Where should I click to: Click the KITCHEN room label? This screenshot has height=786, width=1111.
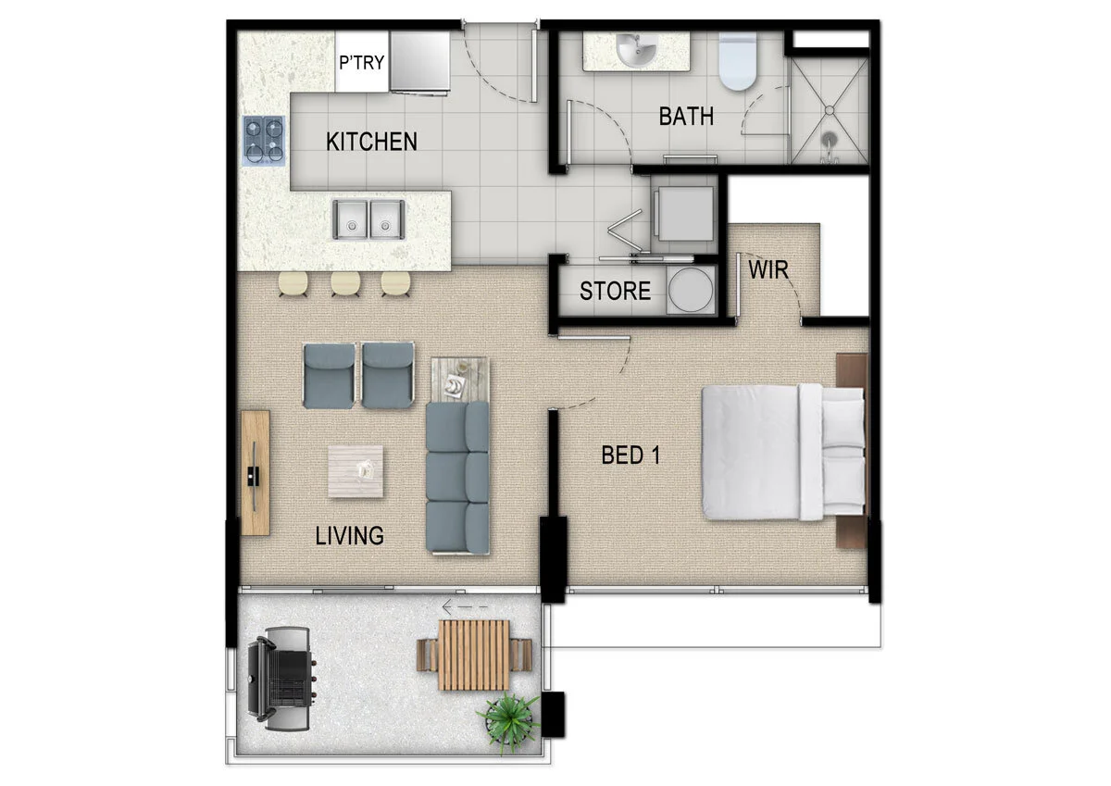coord(371,142)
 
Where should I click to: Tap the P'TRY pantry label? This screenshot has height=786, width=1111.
coord(361,64)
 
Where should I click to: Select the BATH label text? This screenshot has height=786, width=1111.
coord(686,117)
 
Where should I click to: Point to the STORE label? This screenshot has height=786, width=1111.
coord(615,291)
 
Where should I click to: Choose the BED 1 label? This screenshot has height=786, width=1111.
coord(630,455)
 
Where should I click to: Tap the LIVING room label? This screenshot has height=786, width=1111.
coord(349,535)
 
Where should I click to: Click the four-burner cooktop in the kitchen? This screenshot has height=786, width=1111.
coord(263,140)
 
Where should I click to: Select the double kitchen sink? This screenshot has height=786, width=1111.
coord(368,219)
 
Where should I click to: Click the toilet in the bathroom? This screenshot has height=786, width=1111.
coord(738,61)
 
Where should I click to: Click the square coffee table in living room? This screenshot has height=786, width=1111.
coord(356,471)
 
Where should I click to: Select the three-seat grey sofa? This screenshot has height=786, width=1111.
coord(457,478)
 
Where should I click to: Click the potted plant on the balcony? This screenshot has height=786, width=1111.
coord(507,718)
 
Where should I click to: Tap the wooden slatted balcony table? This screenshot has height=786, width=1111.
coord(473,655)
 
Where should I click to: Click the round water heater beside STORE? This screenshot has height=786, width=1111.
coord(691,291)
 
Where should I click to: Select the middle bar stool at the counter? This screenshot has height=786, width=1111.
coord(345,283)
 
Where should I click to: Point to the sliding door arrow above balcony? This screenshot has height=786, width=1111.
coord(465,608)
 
